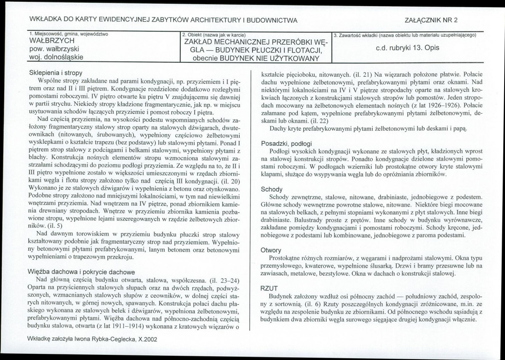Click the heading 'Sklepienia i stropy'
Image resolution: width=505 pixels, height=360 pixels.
[56, 73]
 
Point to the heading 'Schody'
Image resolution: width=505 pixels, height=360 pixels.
[272, 189]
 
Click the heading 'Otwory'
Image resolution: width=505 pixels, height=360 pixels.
[271, 250]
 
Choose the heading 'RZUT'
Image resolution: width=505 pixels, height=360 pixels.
[270, 288]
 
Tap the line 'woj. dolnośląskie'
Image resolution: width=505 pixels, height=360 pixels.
[56, 56]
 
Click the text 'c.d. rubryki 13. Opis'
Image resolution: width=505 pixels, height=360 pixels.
[407, 48]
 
